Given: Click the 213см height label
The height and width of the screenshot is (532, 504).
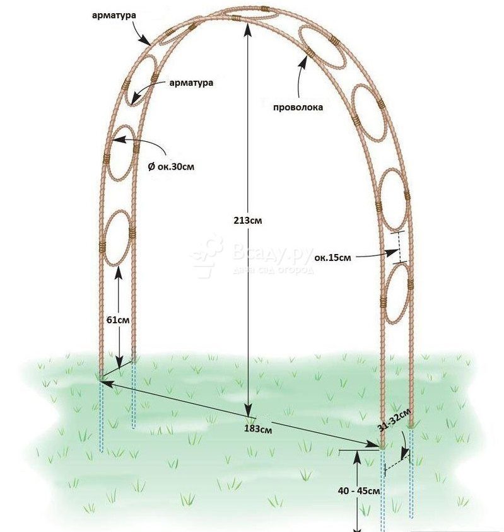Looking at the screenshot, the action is [x=248, y=220].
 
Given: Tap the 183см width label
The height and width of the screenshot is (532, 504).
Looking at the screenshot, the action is [x=258, y=429].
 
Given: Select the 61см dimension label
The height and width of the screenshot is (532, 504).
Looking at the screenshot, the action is [x=118, y=320].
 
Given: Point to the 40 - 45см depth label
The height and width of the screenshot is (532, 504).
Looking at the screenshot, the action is [x=359, y=490].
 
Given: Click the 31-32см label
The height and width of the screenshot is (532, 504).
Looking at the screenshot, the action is [x=394, y=419].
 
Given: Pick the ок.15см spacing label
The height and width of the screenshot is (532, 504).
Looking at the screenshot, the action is [x=332, y=258].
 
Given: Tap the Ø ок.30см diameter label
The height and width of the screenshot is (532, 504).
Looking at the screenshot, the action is [x=171, y=166].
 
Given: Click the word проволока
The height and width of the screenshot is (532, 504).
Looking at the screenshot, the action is [x=298, y=108].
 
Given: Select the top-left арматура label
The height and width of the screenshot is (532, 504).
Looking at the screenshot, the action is [x=114, y=15].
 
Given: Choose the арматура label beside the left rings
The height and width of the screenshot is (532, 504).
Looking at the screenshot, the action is [x=191, y=83].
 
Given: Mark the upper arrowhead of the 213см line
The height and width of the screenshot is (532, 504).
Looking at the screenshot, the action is [x=249, y=30].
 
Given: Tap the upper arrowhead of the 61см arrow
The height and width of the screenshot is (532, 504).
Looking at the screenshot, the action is [x=118, y=271].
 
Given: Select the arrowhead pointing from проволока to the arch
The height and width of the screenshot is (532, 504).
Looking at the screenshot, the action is [x=303, y=61].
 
